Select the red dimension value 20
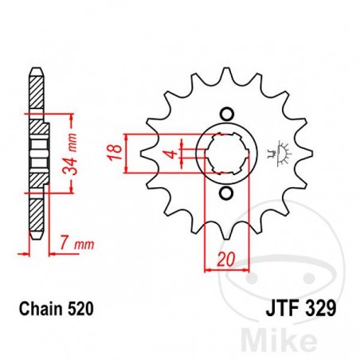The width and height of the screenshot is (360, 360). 226,258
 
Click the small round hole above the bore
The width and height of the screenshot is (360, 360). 225,112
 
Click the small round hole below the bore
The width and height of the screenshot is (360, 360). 225,194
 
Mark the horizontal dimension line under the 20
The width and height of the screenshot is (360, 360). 226,269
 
